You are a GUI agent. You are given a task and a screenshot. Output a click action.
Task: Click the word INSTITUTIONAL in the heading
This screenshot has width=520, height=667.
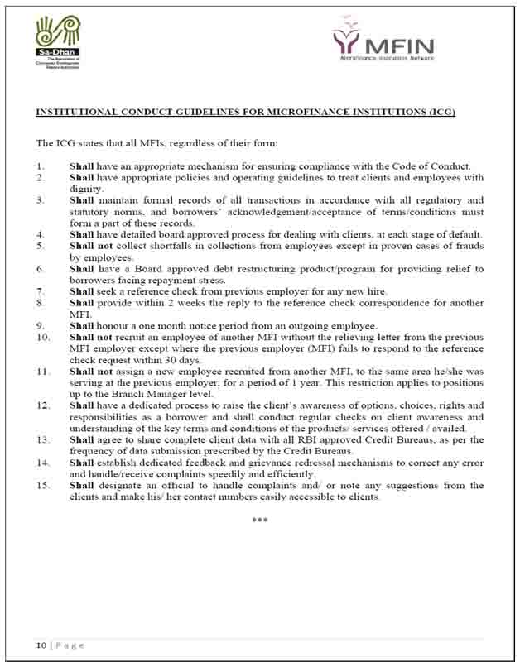coord(78,112)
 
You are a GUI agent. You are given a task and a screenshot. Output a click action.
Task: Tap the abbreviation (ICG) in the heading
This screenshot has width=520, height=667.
coord(439,112)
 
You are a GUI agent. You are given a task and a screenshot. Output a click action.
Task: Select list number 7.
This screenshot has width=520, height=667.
coord(41,291)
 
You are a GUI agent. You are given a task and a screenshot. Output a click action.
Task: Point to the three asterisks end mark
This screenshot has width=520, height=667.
coord(260,520)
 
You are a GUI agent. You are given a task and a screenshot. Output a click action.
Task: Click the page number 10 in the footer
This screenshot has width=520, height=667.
coord(40,645)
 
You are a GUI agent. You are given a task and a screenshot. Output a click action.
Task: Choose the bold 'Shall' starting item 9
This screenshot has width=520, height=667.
coord(81,325)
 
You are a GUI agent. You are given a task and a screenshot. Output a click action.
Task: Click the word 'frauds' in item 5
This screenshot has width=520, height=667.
coord(465,246)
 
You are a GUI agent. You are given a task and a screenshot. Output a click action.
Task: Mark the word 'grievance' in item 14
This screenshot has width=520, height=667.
coord(295,463)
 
